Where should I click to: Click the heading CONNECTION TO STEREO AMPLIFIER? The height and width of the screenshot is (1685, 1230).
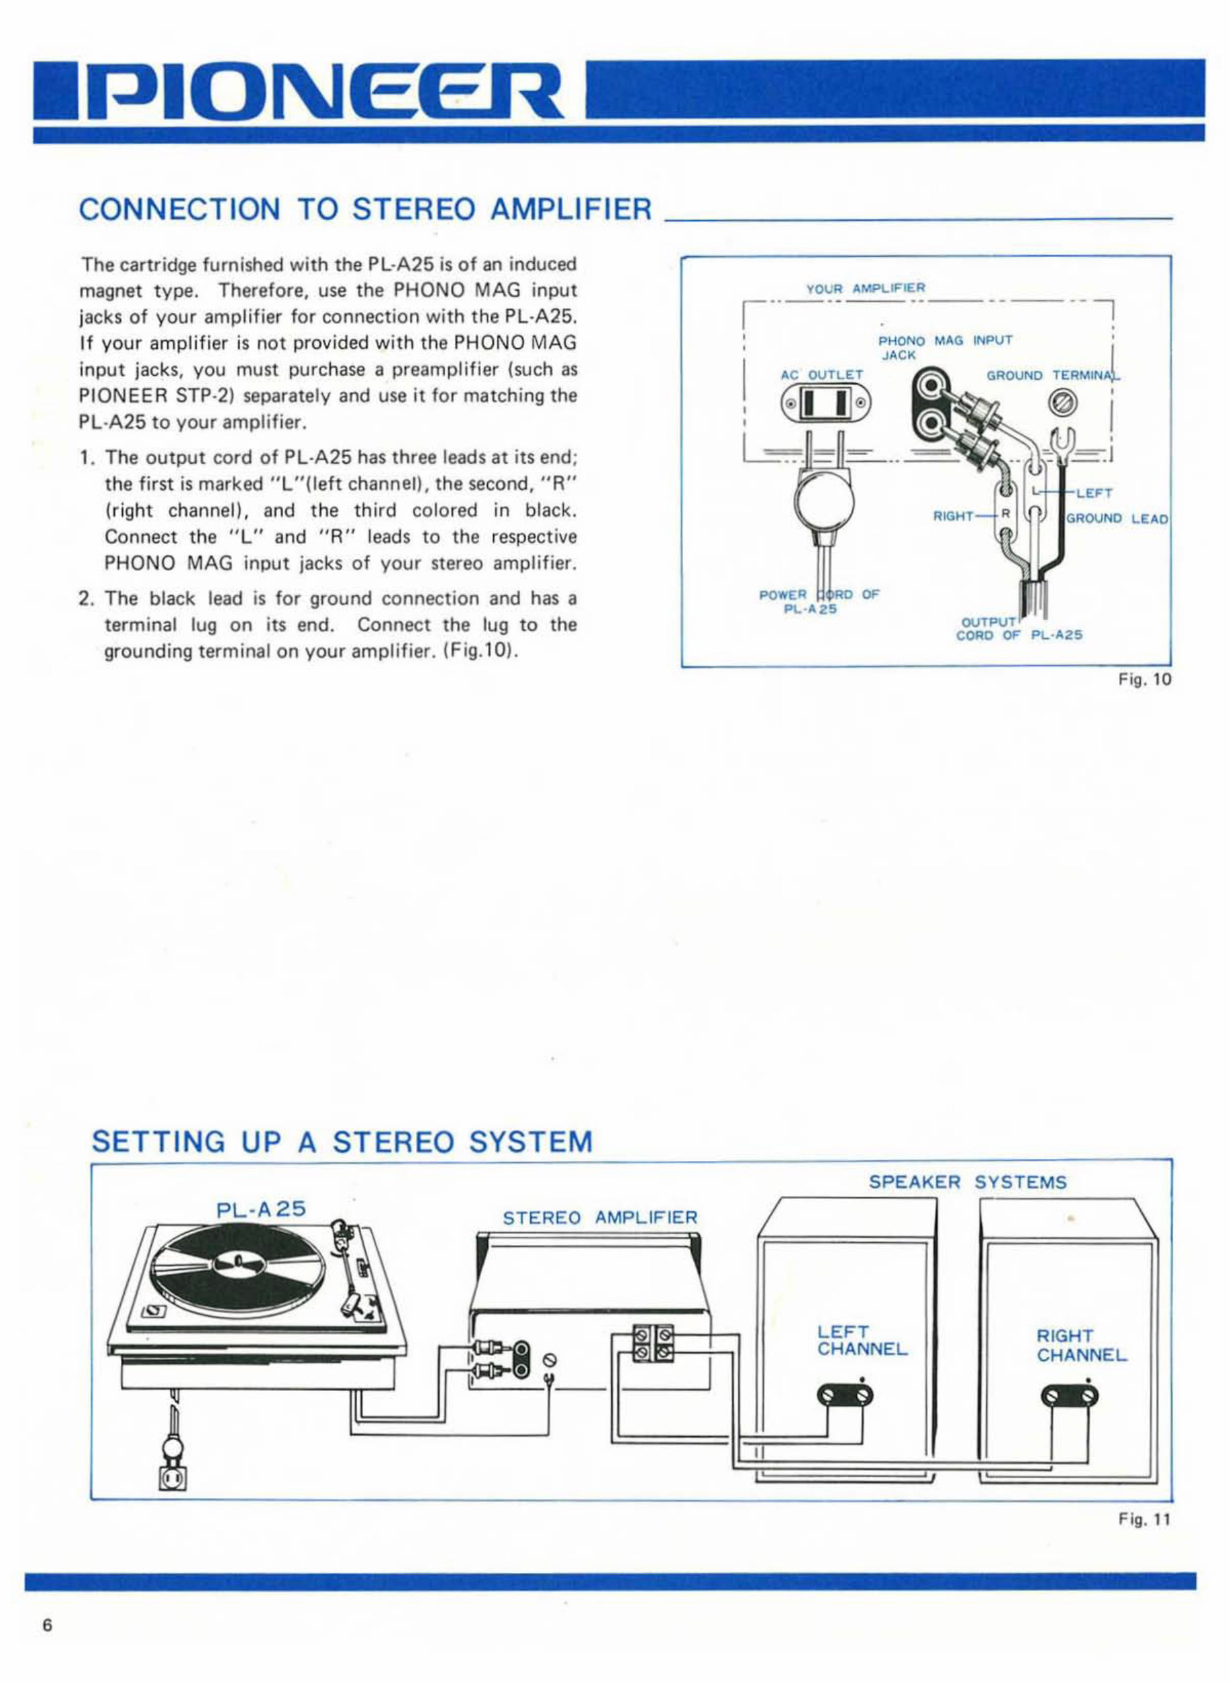coord(365,209)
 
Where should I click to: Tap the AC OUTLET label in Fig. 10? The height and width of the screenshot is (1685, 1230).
coord(821,374)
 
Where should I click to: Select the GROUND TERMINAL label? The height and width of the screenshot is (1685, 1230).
coord(1053,375)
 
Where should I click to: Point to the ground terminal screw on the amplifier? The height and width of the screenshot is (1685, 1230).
coord(1060,403)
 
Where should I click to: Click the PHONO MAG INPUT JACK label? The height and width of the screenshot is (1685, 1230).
coord(944,347)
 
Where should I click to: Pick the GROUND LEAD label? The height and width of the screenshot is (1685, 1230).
coord(1117,518)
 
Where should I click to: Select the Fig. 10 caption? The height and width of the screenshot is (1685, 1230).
coord(1150,679)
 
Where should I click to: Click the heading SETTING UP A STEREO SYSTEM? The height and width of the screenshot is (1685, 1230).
coord(342,1141)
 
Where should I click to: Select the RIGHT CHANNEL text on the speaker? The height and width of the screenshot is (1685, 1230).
coord(1081,1345)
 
